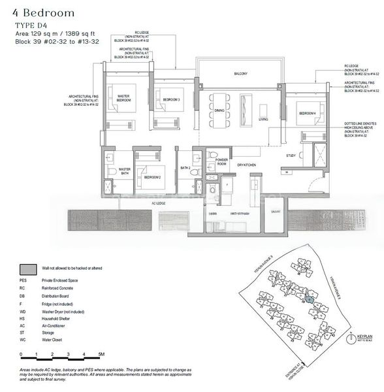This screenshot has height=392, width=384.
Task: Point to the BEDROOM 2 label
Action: [x=153, y=177]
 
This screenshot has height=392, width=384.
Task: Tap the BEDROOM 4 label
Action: [x=308, y=114]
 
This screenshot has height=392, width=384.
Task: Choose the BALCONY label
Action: [x=241, y=74]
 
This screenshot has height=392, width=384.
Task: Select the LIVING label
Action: [x=263, y=120]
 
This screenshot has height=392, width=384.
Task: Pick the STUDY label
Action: [x=291, y=155]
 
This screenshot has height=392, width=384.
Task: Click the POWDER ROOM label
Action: [x=221, y=162]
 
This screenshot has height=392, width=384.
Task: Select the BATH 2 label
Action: [x=185, y=168]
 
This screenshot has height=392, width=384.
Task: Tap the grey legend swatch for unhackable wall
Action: [x=28, y=269]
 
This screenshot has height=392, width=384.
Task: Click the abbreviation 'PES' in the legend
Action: [x=24, y=279]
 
